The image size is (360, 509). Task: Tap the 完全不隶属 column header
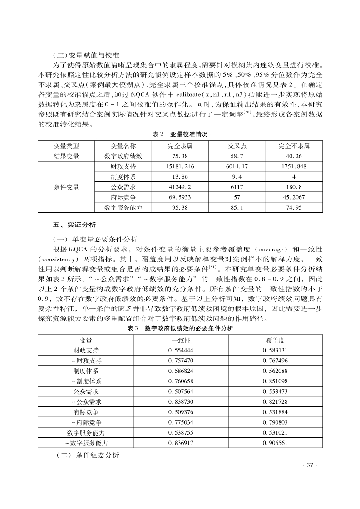coord(294,146)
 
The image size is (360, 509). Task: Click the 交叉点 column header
coord(237,146)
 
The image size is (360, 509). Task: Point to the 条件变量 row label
coord(66,187)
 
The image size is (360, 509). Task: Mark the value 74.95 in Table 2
coord(294,208)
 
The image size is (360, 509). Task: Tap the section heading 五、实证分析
coord(74,225)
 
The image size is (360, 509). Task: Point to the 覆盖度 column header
coord(275,340)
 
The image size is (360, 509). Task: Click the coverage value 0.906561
coord(275,443)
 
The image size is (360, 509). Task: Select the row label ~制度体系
coord(86,382)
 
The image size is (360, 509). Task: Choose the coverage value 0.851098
coord(275,382)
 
